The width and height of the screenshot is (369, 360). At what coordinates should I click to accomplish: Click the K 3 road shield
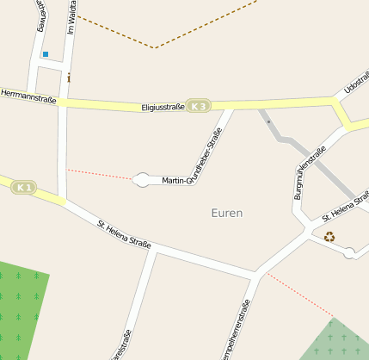point(199,106)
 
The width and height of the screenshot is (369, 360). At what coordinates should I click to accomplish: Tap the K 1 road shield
point(24,187)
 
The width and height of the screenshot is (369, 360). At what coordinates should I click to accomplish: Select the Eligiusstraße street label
point(163,108)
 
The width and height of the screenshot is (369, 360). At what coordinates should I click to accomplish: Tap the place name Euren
point(227,213)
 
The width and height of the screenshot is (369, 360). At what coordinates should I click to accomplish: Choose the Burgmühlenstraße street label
point(310,173)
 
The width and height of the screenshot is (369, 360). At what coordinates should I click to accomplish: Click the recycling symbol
point(329,237)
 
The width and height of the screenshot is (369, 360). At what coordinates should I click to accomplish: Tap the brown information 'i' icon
point(69,78)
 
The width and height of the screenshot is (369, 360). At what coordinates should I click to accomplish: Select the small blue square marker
point(45,54)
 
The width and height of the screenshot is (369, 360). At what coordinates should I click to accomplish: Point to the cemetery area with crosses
point(340,343)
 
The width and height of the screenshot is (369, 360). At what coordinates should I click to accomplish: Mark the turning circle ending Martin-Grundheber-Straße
point(141,180)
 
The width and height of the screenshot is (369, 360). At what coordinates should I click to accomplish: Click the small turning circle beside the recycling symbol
point(349,252)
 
